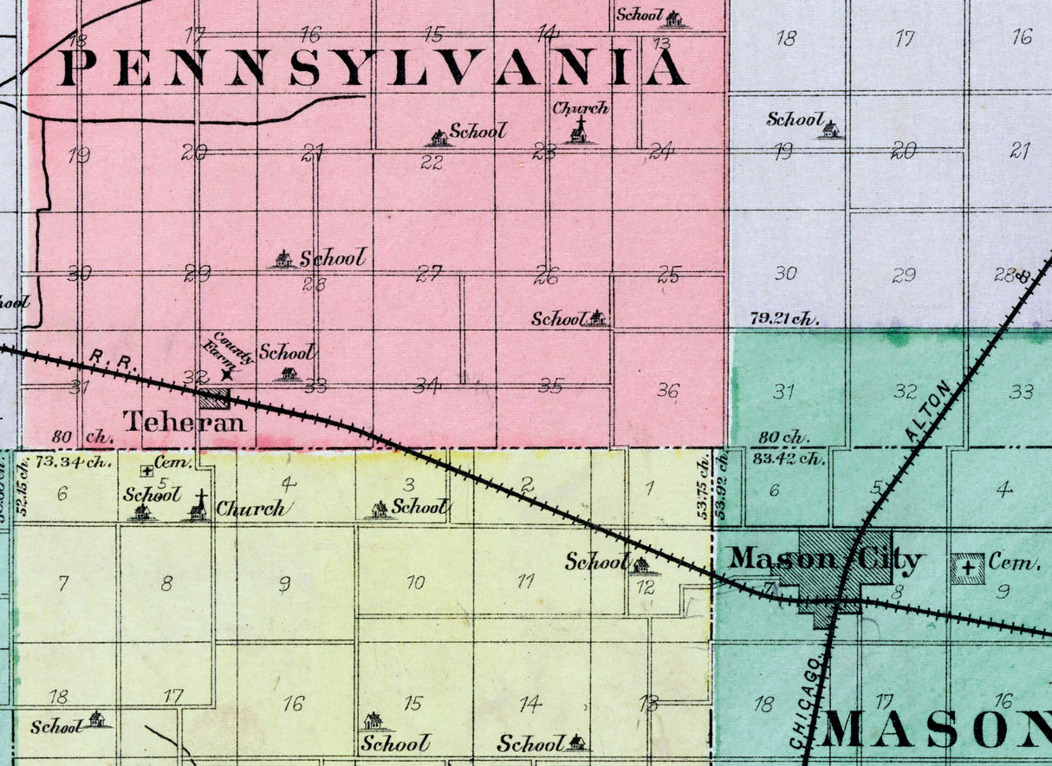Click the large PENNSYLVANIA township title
coord(373,68)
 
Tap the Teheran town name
coord(185,422)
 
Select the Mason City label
coord(823,560)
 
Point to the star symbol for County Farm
coord(227,374)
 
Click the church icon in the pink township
coord(578,131)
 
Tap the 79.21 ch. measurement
coord(785,318)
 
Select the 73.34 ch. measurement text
coord(76,461)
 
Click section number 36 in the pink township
coord(667,391)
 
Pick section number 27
coord(429,275)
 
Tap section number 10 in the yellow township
coord(416,582)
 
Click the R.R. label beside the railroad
coord(102,358)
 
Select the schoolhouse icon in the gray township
coord(830,130)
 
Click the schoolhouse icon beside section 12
coord(640,566)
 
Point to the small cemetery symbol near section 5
coord(147,471)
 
